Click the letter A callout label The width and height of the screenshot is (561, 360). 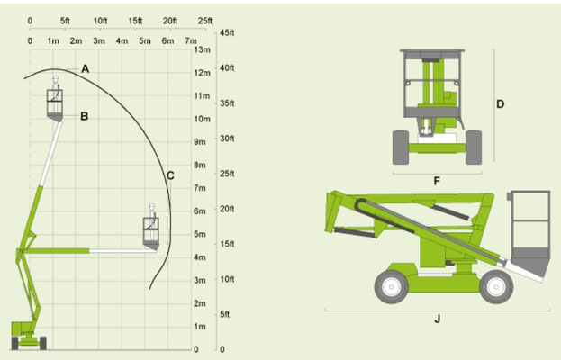click(85, 68)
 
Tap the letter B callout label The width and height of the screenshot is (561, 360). click(85, 116)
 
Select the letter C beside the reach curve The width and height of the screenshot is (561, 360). click(170, 175)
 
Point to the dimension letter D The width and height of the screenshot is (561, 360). click(500, 104)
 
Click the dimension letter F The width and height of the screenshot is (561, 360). click(437, 181)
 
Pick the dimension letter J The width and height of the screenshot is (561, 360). click(438, 319)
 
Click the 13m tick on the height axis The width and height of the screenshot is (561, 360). click(202, 49)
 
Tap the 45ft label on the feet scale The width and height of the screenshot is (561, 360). click(227, 33)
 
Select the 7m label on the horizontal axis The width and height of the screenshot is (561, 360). click(191, 41)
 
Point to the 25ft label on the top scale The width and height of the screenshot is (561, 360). click(205, 21)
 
